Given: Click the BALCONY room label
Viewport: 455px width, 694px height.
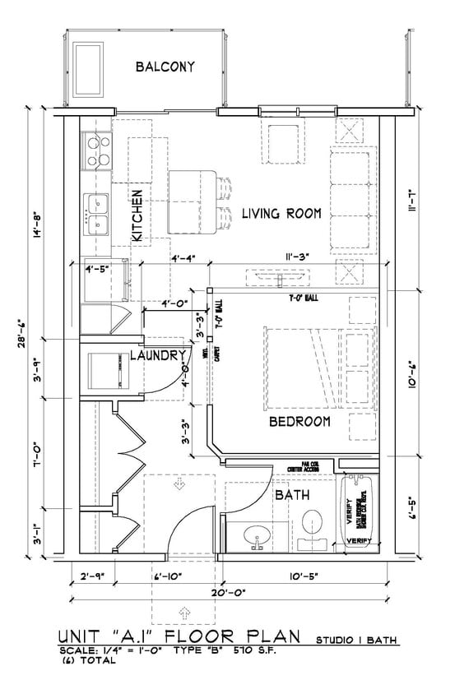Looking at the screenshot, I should click(x=165, y=67).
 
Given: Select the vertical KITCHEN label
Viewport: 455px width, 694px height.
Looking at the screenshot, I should click(x=137, y=215).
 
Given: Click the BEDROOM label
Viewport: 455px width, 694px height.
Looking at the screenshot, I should click(x=299, y=422).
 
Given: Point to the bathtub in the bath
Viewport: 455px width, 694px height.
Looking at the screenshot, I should click(x=360, y=510).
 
